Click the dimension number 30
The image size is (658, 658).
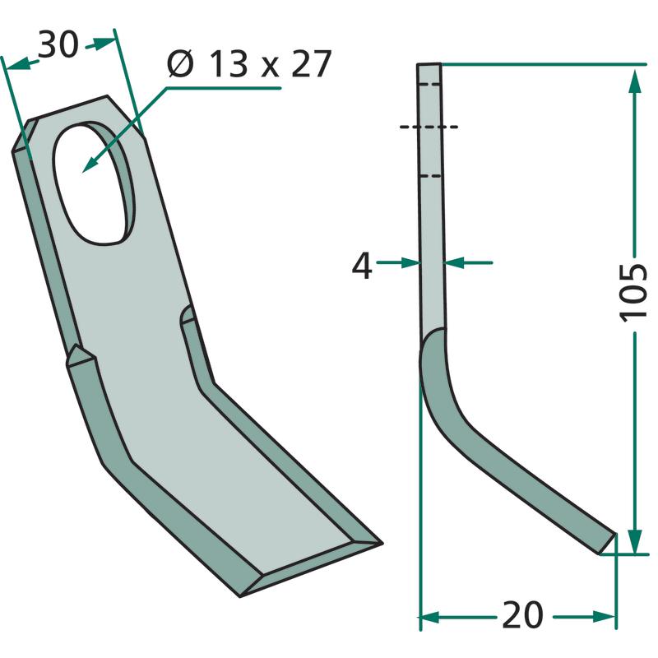pyautogui.click(x=58, y=44)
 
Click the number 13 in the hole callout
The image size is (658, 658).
pyautogui.click(x=228, y=64)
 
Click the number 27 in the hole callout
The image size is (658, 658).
pyautogui.click(x=312, y=64)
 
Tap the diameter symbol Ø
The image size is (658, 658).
pyautogui.click(x=181, y=64)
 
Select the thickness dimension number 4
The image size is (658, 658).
pyautogui.click(x=362, y=266)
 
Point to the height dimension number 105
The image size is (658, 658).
pyautogui.click(x=633, y=293)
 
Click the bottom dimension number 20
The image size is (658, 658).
pyautogui.click(x=522, y=615)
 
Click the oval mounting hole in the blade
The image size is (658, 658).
pyautogui.click(x=93, y=183)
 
